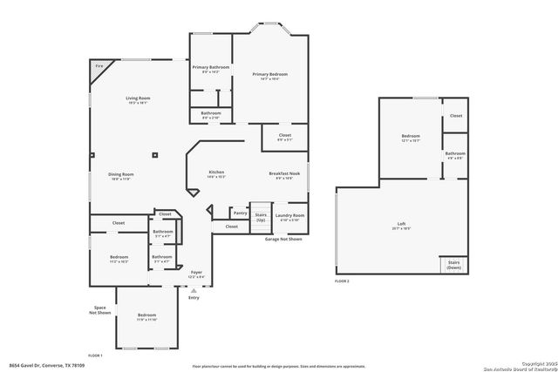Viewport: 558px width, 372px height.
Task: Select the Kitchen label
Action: click(217, 173)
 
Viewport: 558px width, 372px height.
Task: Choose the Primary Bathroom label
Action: click(211, 67)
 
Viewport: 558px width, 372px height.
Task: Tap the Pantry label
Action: click(240, 213)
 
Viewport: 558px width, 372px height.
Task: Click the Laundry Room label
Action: click(289, 215)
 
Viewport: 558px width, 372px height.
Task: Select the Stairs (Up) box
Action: click(261, 217)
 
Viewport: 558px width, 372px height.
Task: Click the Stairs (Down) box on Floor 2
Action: click(453, 264)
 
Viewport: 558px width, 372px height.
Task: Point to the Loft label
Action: click(401, 226)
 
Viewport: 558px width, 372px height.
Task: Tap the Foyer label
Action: click(196, 273)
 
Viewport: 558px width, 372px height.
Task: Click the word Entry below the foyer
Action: click(194, 297)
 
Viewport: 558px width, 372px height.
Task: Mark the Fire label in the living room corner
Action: click(99, 65)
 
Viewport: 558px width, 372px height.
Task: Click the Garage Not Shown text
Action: click(284, 238)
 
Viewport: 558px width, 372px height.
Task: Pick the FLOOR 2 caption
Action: click(343, 281)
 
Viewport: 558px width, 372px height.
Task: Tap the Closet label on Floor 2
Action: click(456, 116)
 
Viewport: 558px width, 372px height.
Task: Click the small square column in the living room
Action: click(153, 156)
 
